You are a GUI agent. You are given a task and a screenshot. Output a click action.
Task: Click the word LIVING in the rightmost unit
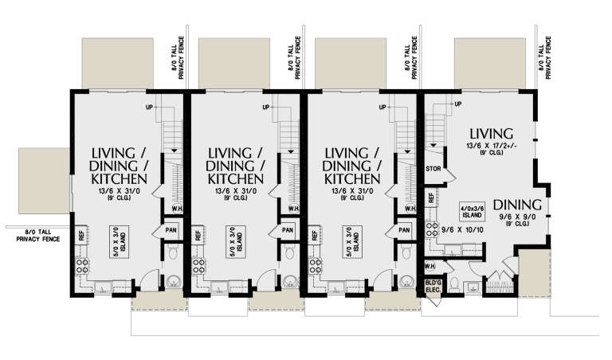pos(491,132)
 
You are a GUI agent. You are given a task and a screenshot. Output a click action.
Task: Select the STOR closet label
pos(434,170)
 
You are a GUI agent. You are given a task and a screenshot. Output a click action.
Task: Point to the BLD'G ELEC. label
pos(433,284)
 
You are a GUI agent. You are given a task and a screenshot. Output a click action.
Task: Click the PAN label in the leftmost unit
pos(171,231)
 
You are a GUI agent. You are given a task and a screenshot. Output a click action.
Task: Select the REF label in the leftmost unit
pos(81,235)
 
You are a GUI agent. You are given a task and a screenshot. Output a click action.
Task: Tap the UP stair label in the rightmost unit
pos(457,104)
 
